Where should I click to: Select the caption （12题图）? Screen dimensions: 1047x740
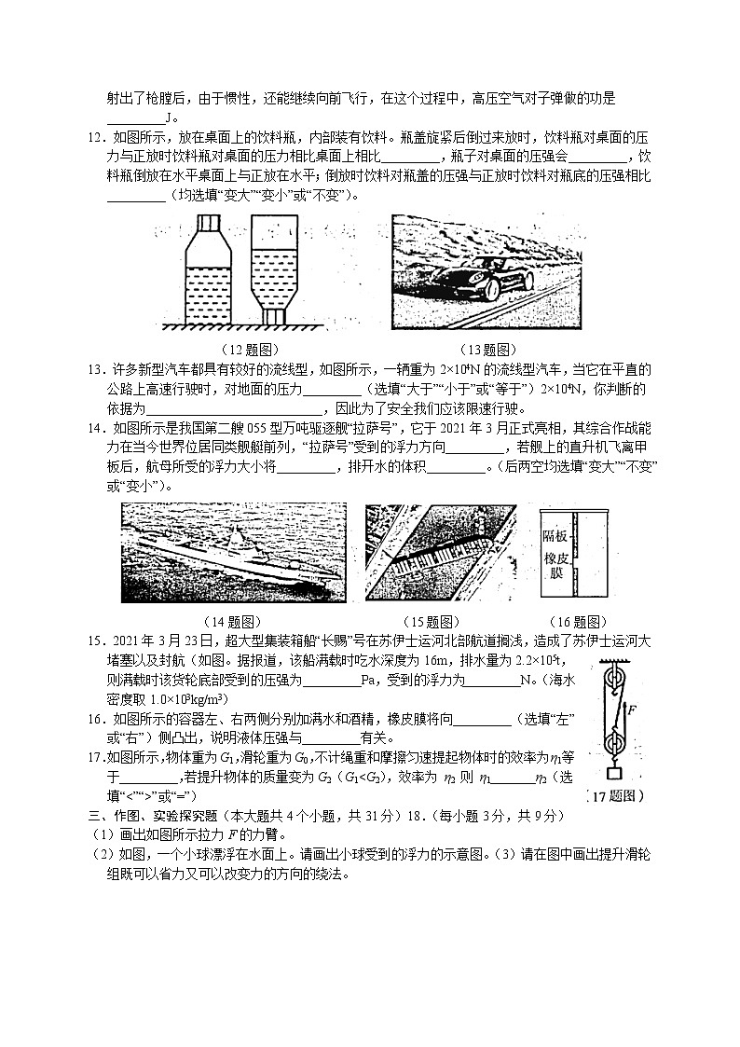248,350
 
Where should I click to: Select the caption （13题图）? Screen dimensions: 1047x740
487,350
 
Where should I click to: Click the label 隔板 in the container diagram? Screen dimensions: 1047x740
555,536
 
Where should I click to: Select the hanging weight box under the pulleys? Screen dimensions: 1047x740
613,774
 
